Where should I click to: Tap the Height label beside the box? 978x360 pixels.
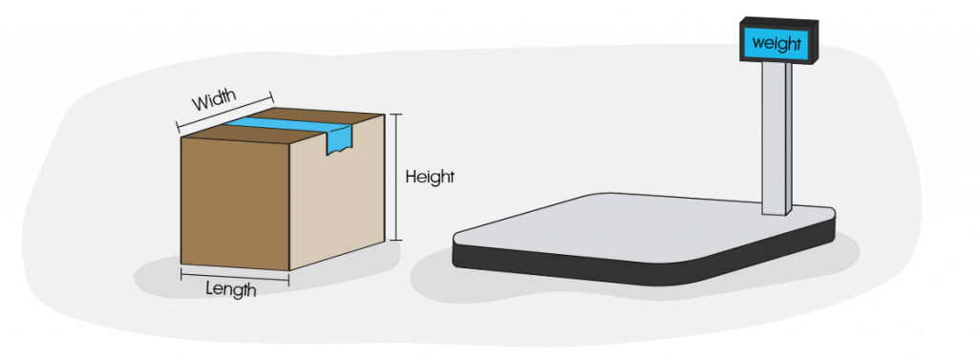point(430,177)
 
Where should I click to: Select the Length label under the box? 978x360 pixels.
point(231,289)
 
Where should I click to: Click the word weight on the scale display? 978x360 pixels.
point(777,43)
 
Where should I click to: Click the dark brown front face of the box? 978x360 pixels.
point(234,202)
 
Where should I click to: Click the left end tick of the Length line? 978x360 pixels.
point(181,275)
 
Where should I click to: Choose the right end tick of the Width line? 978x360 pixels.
point(272,95)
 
